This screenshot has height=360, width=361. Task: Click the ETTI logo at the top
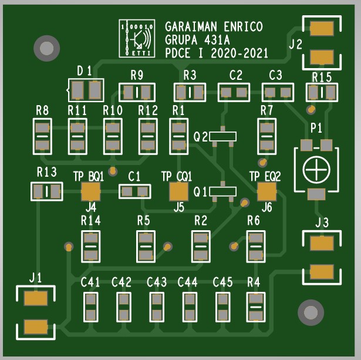point(137,39)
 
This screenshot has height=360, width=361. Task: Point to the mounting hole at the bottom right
point(309,312)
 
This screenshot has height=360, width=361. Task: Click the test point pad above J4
point(90,191)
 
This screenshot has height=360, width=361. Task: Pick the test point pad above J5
point(178,191)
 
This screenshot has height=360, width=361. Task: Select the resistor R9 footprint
point(137,92)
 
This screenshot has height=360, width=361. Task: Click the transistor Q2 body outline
point(223,136)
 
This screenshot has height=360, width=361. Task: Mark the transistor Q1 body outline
point(223,191)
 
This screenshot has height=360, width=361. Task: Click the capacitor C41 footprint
point(90,307)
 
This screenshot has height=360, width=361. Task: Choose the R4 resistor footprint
point(255,307)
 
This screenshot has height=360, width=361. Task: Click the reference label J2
point(296,43)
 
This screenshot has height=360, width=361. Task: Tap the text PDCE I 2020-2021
point(217,53)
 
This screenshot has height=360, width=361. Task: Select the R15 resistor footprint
point(322,92)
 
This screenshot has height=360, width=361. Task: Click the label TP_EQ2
point(265,176)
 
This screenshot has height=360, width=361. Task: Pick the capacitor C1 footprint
point(134,191)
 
